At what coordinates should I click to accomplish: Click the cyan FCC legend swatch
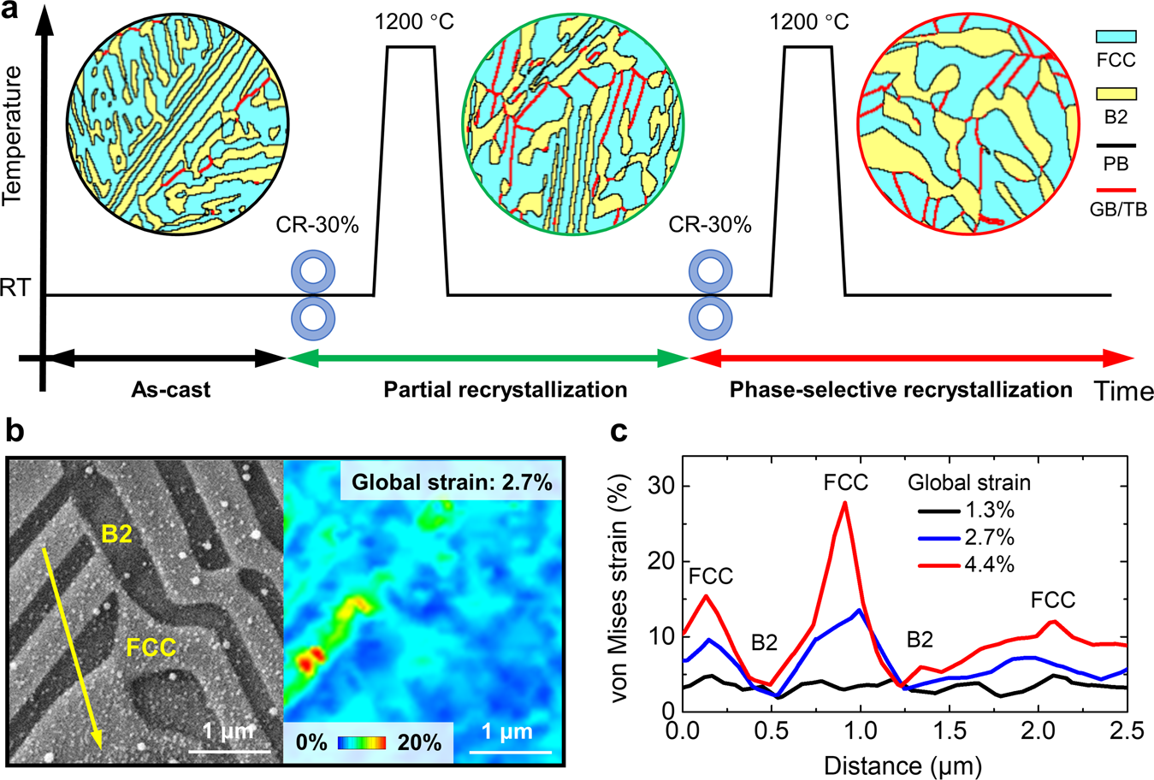tap(1116, 37)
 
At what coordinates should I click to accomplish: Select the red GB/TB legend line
tap(1116, 189)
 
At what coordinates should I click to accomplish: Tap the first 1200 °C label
tap(415, 21)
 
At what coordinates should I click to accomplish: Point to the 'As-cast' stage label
tap(171, 390)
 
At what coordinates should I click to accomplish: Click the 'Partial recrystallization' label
tap(505, 390)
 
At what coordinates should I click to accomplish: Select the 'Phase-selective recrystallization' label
tap(901, 390)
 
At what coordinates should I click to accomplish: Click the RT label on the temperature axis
tap(16, 287)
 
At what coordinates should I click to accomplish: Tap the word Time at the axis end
tap(1124, 392)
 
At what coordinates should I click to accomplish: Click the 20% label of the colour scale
tap(419, 742)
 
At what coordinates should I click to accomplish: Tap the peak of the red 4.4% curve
tap(845, 502)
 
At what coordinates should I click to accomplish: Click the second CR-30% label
tap(711, 226)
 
